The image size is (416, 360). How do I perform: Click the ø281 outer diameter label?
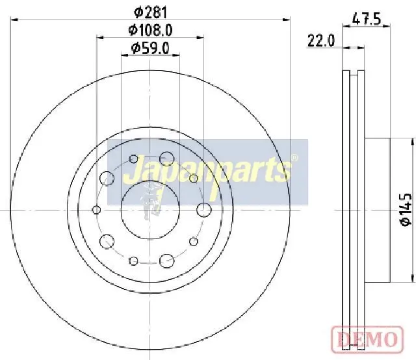(x=151, y=12)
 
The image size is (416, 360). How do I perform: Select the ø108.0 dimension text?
(x=150, y=30)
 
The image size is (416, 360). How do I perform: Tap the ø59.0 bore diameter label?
(x=150, y=48)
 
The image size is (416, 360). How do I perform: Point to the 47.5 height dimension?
(x=367, y=19)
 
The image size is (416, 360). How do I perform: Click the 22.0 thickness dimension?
(x=321, y=41)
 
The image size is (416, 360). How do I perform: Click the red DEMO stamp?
(x=367, y=339)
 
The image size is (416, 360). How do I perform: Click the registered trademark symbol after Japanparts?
(x=294, y=158)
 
